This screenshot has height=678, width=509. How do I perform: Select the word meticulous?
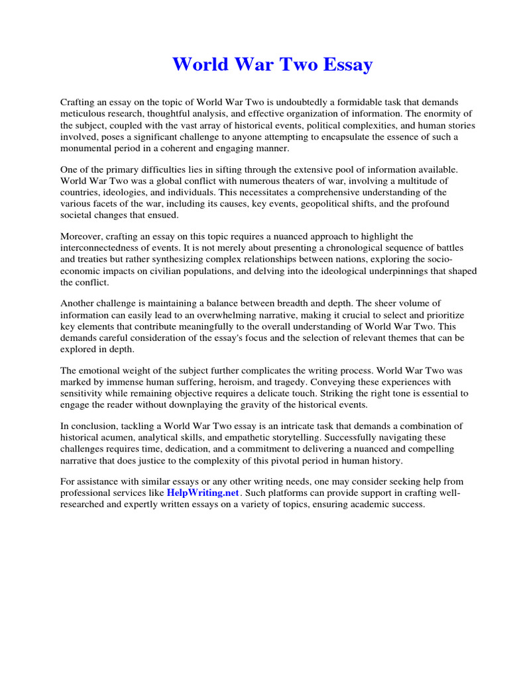[85, 114]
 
